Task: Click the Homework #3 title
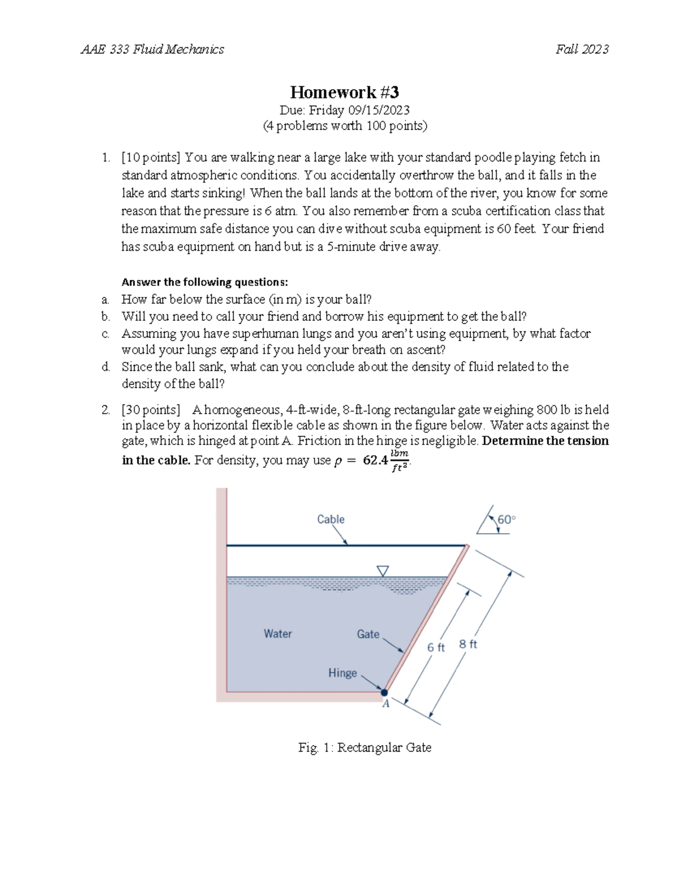coord(344,92)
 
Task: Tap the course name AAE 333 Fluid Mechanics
coord(152,49)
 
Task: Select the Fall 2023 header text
coord(582,49)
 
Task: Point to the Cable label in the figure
coord(331,519)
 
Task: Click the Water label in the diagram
coord(278,634)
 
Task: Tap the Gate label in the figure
coord(368,634)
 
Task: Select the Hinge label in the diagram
coord(343,673)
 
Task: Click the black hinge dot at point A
coord(385,692)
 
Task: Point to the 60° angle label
coord(507,519)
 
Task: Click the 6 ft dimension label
coord(436,647)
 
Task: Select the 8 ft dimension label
coord(468,644)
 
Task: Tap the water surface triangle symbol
coord(383,570)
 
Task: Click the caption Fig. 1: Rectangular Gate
coord(365,748)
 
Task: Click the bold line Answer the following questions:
coord(205,282)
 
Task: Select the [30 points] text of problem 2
coord(151,409)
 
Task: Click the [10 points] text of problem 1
coord(151,158)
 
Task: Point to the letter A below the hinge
coord(386,704)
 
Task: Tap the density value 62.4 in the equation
coord(375,460)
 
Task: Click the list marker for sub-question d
coord(105,367)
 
